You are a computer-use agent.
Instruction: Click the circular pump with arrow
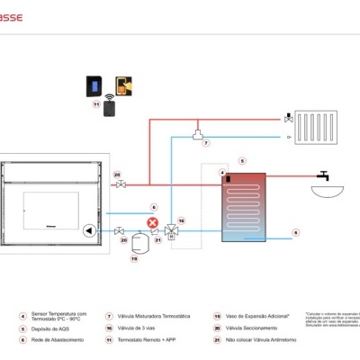tap(88, 229)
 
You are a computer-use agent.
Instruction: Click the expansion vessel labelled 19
tap(136, 243)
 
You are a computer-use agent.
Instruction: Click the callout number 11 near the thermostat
tap(95, 104)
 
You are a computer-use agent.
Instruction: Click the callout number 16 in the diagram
tap(180, 219)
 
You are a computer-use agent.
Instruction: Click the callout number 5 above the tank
tap(242, 161)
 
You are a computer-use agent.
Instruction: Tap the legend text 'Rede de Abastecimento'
tap(59, 339)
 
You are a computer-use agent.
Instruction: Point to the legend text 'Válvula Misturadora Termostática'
tap(149, 316)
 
